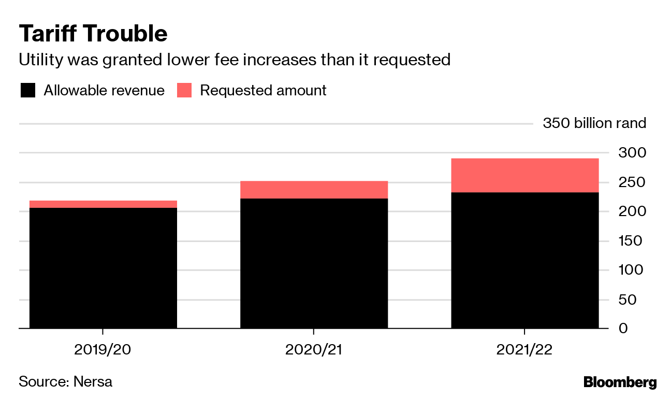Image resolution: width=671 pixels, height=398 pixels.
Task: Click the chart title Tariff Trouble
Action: click(93, 34)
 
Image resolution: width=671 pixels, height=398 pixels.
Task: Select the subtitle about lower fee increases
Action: click(234, 60)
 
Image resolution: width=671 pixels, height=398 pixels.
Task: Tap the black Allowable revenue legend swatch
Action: click(28, 91)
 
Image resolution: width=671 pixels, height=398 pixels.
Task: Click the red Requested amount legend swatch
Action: click(184, 91)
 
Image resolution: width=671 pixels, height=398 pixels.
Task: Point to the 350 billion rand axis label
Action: click(594, 123)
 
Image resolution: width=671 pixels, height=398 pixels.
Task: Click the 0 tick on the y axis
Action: click(638, 329)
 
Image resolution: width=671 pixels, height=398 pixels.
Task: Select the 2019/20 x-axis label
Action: click(103, 350)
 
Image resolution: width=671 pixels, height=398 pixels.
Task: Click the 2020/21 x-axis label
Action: click(314, 350)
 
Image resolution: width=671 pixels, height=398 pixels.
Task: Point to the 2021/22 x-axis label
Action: click(524, 350)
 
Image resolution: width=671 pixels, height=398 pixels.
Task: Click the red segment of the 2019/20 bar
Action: click(103, 204)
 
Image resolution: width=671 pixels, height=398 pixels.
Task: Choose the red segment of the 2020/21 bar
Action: click(314, 190)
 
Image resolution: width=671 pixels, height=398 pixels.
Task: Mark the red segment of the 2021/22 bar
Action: click(524, 175)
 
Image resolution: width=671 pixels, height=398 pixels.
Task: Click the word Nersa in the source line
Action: click(93, 382)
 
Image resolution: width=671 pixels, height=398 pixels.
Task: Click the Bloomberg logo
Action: click(620, 383)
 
